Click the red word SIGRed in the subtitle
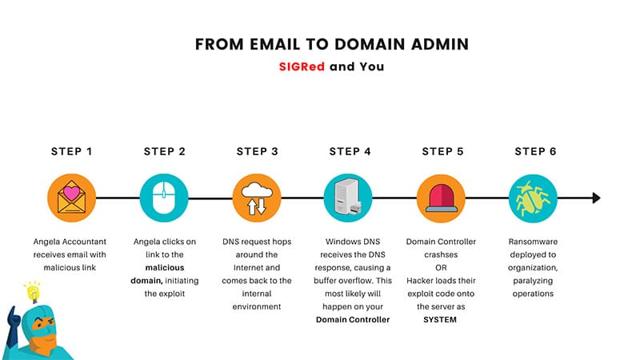tap(302, 66)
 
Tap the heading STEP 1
tap(71, 151)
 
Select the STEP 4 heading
tap(350, 151)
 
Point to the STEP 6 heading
tap(535, 151)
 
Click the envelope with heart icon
tap(71, 198)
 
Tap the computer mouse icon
tap(164, 198)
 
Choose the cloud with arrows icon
tap(256, 198)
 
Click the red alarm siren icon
tap(441, 198)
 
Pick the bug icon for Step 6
tap(533, 198)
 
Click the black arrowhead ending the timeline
tap(596, 198)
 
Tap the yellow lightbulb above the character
tap(33, 292)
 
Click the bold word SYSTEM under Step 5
tap(440, 319)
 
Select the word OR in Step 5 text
tap(441, 268)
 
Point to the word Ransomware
tap(533, 242)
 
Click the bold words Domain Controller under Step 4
tap(353, 319)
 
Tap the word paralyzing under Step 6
tap(533, 282)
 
